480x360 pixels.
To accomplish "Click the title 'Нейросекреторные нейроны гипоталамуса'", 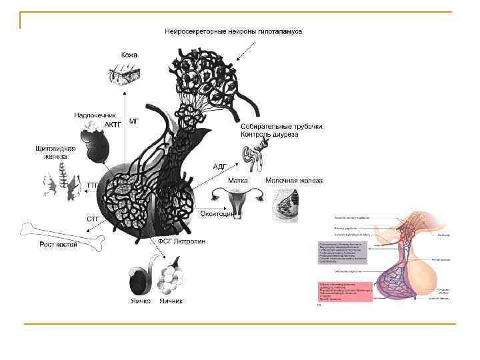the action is coord(233,31).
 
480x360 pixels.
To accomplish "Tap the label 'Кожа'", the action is coord(129,55).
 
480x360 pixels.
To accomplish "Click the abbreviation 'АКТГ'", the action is coord(113,125).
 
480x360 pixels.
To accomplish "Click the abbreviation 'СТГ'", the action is coord(93,219).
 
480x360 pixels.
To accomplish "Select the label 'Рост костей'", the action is coord(58,245).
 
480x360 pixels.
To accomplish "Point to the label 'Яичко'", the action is coord(141,301).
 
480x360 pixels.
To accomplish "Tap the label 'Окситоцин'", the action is coord(216,213).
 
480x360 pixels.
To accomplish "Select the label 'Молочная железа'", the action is coord(294,180).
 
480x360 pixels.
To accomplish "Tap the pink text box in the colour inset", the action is coord(344,292).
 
